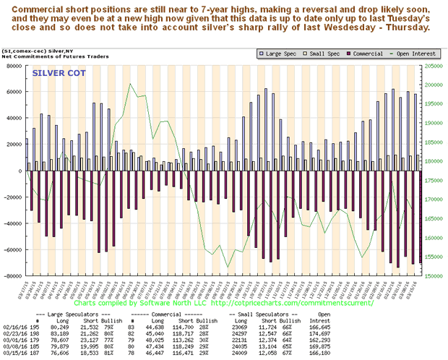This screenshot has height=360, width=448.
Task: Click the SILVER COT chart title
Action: pos(58,73)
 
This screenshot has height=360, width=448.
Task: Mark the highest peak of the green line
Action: pos(130,84)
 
